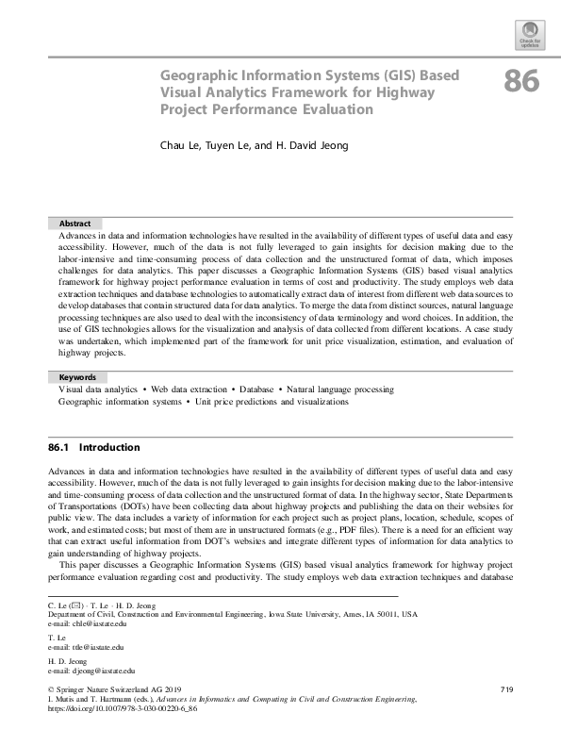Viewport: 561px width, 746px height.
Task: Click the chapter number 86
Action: click(x=521, y=82)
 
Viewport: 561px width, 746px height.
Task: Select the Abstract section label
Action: click(x=74, y=224)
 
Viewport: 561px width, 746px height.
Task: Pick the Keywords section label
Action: click(x=78, y=377)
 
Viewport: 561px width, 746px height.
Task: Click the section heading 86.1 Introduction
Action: click(x=93, y=447)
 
